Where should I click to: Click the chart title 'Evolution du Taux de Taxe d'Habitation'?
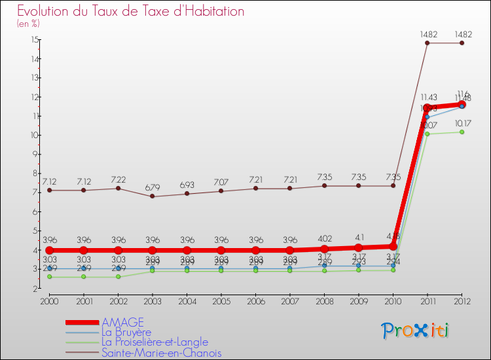click(x=131, y=11)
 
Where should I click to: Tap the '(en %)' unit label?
click(x=28, y=24)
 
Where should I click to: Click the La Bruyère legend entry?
click(x=132, y=332)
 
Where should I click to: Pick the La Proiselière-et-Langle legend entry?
click(x=155, y=342)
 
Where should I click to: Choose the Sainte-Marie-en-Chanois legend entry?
click(x=161, y=353)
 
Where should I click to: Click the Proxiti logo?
click(x=416, y=331)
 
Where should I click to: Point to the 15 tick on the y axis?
click(x=33, y=40)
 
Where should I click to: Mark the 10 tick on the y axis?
click(x=33, y=135)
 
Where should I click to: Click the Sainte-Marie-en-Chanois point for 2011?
click(x=427, y=43)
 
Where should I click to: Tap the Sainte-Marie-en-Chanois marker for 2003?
click(x=153, y=196)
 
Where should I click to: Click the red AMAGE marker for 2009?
click(x=359, y=247)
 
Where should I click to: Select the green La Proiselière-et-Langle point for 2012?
click(x=462, y=132)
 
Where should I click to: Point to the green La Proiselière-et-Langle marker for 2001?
click(x=84, y=277)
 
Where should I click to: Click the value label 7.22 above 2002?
click(x=118, y=179)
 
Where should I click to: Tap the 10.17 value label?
click(x=462, y=123)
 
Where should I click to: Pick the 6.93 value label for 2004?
click(x=187, y=185)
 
